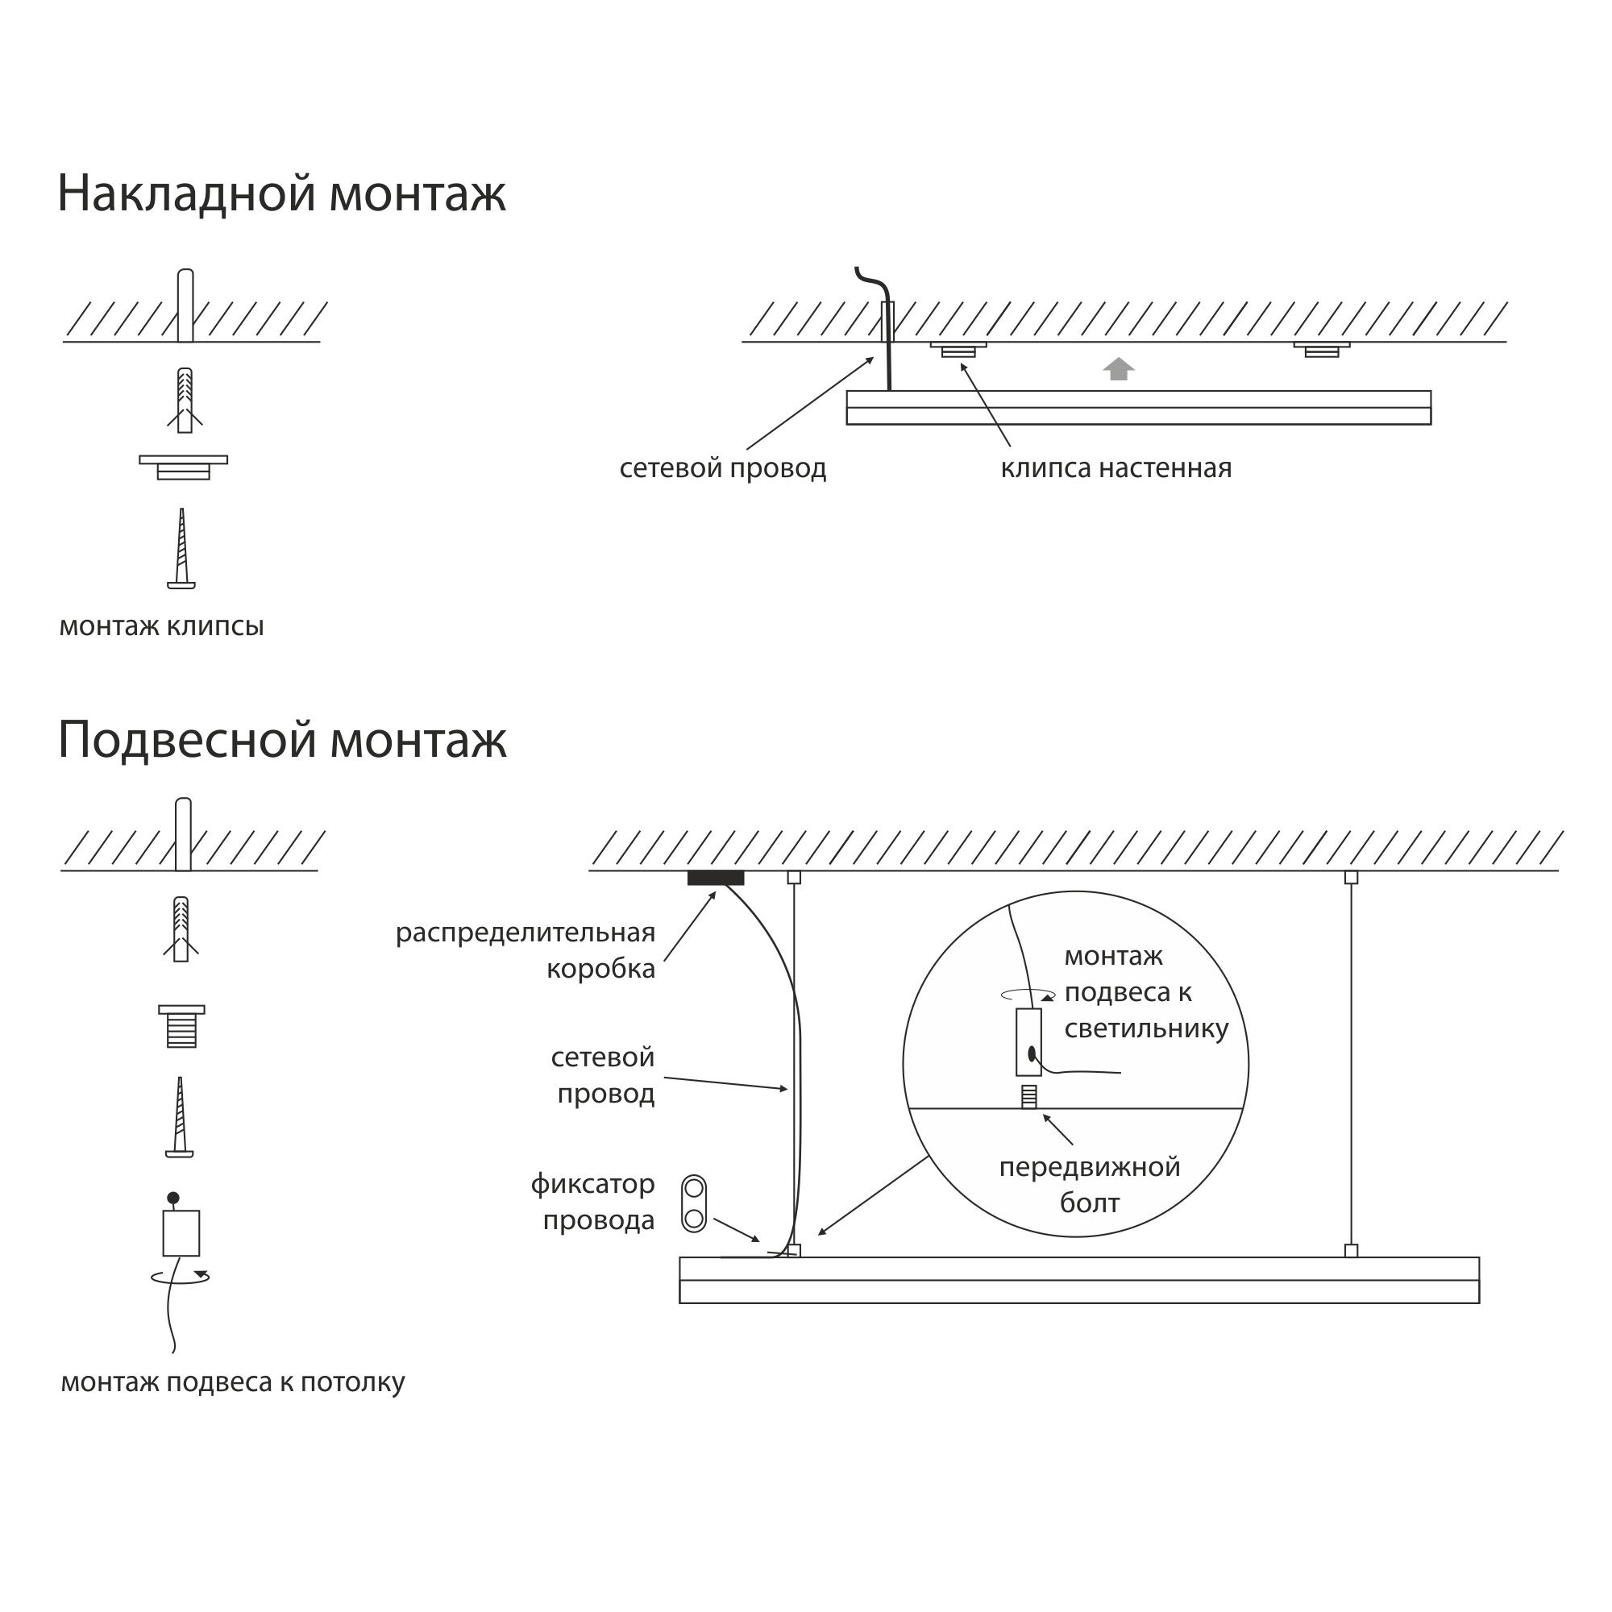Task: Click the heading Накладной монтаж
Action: pos(281,194)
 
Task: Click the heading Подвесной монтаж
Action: pos(282,740)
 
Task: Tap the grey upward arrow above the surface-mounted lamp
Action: pos(1118,369)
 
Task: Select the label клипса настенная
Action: pos(1116,469)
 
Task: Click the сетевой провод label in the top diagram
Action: pos(722,469)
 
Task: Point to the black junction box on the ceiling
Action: pos(715,878)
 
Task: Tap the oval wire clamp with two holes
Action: pos(694,1204)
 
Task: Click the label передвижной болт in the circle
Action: pos(1089,1185)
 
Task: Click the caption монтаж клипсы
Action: pos(161,626)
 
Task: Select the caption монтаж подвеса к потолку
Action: pos(232,1382)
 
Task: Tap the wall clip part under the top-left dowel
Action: pos(184,467)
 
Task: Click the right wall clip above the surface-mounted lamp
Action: pos(1322,349)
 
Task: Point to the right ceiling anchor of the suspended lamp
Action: pos(1351,878)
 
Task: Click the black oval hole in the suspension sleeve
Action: pos(1032,1053)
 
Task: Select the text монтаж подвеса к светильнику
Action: pos(1145,993)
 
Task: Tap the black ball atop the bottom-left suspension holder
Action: pos(172,1199)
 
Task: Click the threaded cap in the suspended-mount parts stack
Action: pos(182,1026)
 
